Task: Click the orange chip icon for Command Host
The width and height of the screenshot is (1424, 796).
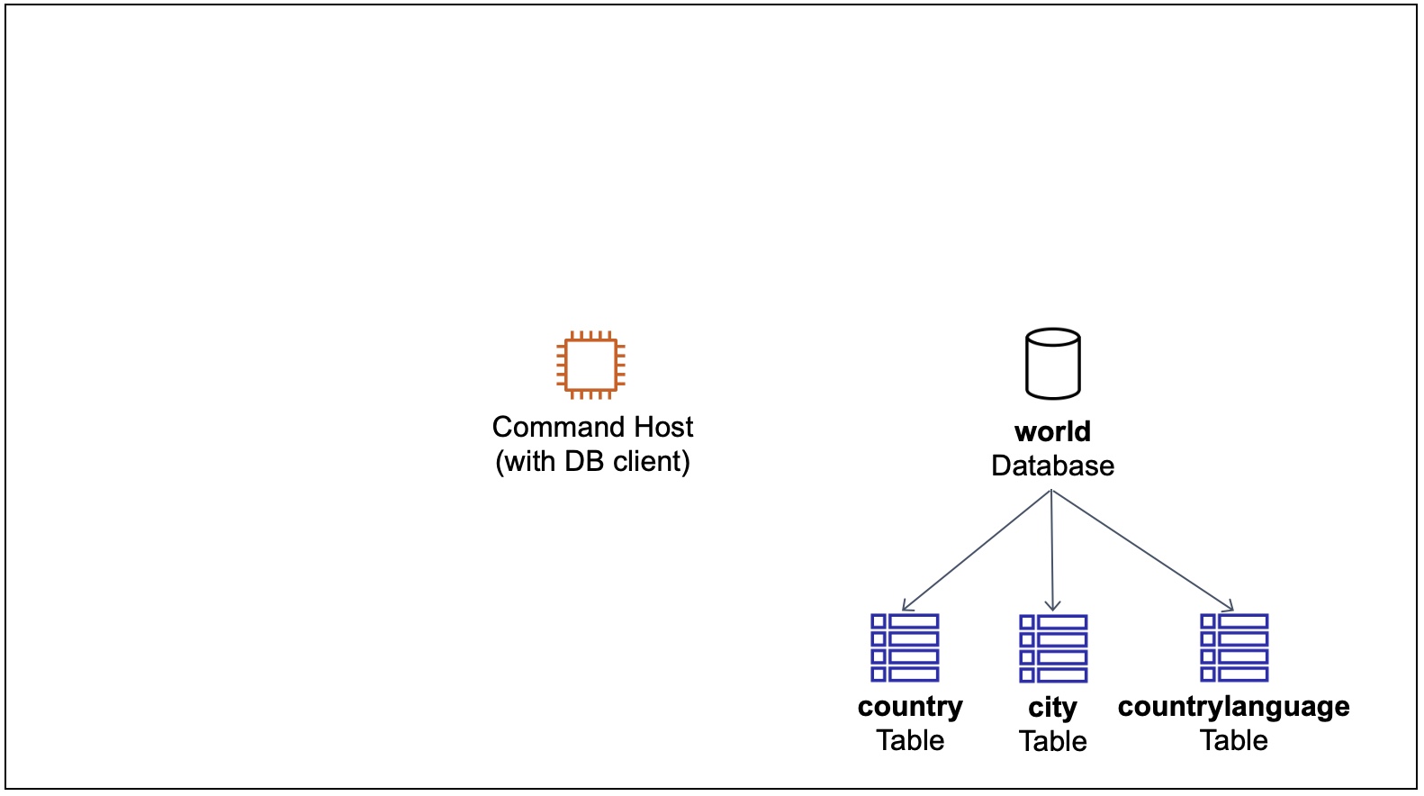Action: pos(590,365)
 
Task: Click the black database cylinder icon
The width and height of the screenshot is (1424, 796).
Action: pos(1052,364)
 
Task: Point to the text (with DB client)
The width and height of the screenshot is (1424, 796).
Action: pos(592,461)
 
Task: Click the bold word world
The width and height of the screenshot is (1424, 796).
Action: pos(1052,432)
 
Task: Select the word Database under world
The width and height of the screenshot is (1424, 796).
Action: pos(1052,466)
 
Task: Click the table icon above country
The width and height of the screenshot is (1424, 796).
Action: pos(905,647)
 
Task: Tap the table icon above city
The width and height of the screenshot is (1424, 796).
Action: pos(1053,648)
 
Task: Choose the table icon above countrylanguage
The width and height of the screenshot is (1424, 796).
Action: pos(1234,647)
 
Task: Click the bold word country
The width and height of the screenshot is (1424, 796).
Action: pos(910,707)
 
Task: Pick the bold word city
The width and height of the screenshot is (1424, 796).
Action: pos(1052,708)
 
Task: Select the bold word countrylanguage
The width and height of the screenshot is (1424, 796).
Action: pos(1233,707)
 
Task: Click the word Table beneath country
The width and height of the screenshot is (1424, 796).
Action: pos(910,740)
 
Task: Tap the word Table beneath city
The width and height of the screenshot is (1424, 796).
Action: pos(1052,741)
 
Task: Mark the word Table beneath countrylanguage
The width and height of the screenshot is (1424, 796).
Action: pos(1233,740)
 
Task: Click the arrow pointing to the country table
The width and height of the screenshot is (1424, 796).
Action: pos(977,550)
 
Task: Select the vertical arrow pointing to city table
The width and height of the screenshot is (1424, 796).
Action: pos(1052,550)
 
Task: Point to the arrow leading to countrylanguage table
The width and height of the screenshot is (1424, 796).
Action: pos(1141,550)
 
